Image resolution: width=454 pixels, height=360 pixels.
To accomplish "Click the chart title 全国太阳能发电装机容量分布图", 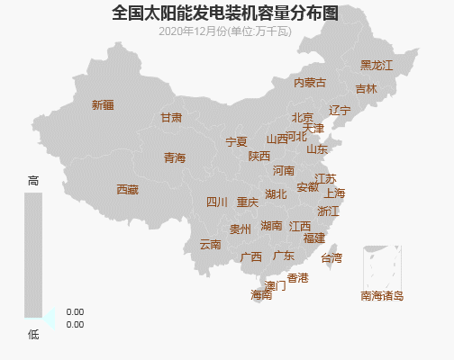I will [226, 13].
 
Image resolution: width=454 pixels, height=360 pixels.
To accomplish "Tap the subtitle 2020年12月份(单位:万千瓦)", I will [225, 31].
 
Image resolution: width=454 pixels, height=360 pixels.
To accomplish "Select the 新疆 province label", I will [103, 105].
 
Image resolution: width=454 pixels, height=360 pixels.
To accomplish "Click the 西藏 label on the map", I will [127, 190].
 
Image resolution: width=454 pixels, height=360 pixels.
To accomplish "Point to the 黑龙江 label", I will [377, 66].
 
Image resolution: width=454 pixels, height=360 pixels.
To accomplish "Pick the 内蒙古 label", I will [310, 83].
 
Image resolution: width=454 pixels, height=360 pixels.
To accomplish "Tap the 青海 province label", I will [175, 158].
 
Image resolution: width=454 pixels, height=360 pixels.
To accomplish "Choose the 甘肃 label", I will [171, 118].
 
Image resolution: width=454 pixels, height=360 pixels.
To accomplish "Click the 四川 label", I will [217, 202].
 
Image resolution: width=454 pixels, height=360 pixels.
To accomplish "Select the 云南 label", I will [210, 245].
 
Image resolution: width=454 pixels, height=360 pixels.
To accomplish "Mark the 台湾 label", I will [331, 258].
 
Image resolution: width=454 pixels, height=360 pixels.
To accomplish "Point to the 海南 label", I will [261, 295].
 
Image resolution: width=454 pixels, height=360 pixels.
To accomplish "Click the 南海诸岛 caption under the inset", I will [382, 296].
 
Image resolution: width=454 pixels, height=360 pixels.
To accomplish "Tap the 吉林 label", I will [366, 89].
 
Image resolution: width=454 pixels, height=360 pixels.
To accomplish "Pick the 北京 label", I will [302, 118].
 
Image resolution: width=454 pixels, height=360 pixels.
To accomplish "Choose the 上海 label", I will [334, 193].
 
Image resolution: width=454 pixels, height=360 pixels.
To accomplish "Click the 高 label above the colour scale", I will [33, 181].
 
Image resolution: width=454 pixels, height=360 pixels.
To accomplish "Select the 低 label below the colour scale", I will [33, 334].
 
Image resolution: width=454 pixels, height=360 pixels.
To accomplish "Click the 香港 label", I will [297, 278].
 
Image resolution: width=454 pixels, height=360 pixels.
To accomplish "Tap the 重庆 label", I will [248, 202].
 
